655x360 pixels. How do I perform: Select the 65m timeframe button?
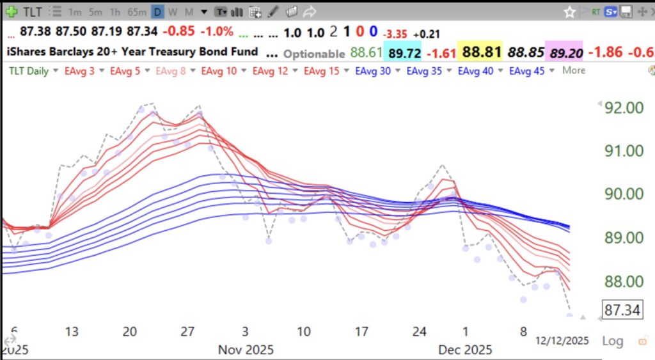coord(137,12)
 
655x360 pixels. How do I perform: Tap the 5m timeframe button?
coord(95,12)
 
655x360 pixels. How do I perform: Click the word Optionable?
coord(313,54)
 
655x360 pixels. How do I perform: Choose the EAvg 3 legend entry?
coord(80,71)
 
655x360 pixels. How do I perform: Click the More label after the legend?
coord(573,70)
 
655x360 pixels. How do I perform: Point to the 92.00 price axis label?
coord(623,107)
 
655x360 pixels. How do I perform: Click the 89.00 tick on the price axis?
coord(623,238)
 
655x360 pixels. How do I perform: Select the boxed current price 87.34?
coord(622,311)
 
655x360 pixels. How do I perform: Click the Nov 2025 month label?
coord(246,349)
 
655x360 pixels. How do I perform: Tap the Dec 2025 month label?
coord(465,349)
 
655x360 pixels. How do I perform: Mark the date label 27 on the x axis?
coord(187,331)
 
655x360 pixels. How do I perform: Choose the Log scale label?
coord(612,341)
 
